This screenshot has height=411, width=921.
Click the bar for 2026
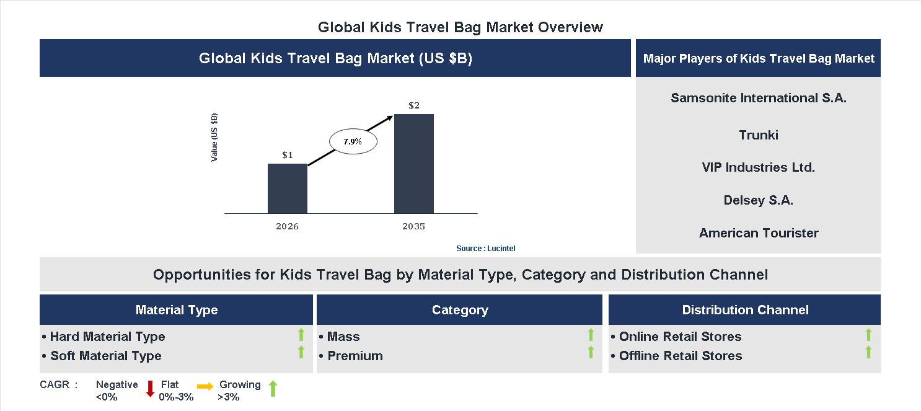coord(287,188)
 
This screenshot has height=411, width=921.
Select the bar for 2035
coord(413,164)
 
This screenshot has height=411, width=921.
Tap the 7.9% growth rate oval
coord(353,141)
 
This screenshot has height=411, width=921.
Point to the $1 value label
coord(288,155)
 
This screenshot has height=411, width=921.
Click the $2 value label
coord(414,105)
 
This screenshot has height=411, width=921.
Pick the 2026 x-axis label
coord(287,226)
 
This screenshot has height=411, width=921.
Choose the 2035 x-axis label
coord(413,226)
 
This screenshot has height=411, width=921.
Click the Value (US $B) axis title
coord(214,138)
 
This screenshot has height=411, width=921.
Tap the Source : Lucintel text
coord(485,248)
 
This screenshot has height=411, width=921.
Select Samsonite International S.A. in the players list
coord(758,98)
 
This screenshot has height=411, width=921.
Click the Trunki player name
coord(758,135)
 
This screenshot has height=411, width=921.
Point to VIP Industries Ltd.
coord(758,167)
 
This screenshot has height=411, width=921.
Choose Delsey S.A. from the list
coord(758,200)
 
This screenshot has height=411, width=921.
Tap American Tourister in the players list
coord(758,233)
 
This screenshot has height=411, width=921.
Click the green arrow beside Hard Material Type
coord(301,335)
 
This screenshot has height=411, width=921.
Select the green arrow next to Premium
coord(591,353)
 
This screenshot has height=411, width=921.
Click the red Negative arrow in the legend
coord(150,389)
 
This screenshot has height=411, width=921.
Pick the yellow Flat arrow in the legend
coord(205,386)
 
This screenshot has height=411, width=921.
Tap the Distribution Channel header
coord(745,310)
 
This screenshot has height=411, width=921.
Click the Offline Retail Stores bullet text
coord(680,356)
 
